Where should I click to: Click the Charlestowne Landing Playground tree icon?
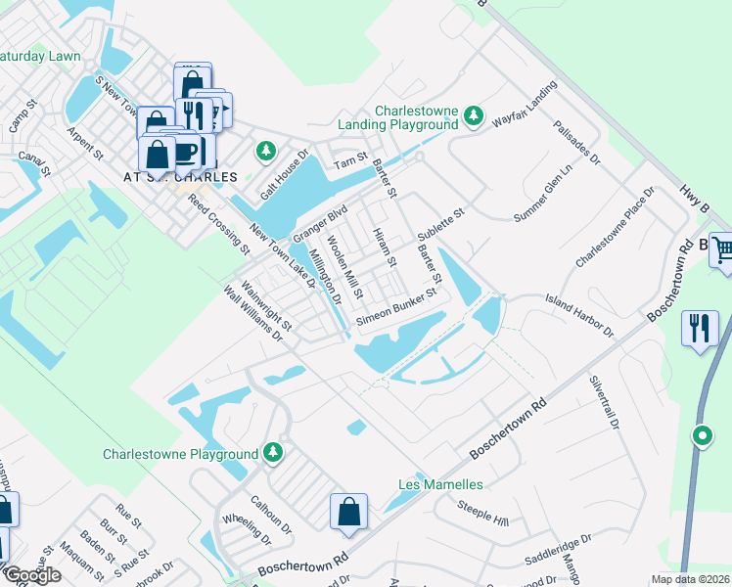[474, 116]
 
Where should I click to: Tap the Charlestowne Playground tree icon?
[275, 453]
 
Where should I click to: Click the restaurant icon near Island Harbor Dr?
[701, 328]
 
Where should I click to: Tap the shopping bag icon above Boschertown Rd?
[348, 512]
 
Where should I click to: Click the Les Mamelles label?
[440, 484]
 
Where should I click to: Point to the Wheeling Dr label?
[247, 529]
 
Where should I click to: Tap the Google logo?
[31, 575]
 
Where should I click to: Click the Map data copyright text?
[691, 579]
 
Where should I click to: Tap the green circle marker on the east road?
[702, 436]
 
